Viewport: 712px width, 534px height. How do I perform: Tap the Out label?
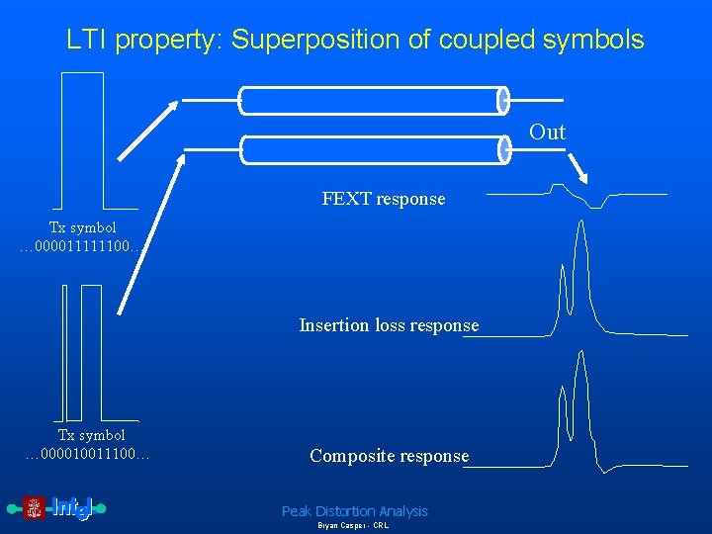pos(547,133)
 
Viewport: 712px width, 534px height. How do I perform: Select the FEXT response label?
pos(384,199)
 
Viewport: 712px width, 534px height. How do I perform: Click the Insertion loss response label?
pos(389,325)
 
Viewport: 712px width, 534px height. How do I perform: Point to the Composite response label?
pos(389,456)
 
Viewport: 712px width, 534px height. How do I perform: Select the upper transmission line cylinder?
pos(374,100)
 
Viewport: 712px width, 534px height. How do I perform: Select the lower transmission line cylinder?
pos(374,149)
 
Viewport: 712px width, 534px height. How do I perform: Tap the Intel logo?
pos(58,508)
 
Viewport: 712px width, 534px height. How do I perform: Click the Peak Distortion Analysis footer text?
pos(354,511)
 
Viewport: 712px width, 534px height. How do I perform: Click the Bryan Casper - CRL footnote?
pos(353,526)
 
